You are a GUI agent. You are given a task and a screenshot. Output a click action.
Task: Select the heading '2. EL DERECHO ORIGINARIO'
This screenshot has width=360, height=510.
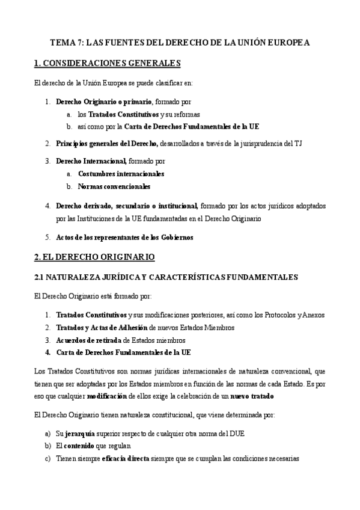point(94,257)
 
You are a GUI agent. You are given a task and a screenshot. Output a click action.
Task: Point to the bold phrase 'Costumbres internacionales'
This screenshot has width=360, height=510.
point(121,173)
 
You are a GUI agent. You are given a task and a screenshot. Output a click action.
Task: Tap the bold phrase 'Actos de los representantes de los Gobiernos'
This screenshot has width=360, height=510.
point(124,238)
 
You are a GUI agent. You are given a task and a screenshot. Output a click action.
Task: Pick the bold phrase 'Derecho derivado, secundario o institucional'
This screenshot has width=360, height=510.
point(127,206)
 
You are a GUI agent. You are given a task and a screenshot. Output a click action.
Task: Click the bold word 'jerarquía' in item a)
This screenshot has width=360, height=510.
point(81,433)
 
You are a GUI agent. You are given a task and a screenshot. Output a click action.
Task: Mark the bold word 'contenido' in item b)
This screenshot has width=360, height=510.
point(82,446)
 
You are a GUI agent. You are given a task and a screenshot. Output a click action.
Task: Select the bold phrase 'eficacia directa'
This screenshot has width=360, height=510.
point(126,458)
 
